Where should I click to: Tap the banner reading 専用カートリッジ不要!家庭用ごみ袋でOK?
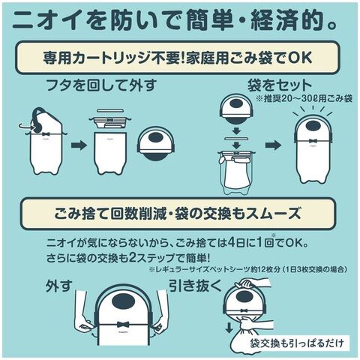click(x=178, y=58)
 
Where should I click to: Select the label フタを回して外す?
click(x=101, y=85)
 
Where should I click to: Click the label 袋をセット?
click(x=280, y=85)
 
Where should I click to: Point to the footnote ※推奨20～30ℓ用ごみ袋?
click(x=304, y=98)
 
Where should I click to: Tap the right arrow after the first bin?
click(x=79, y=145)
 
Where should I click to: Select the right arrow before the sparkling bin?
click(x=273, y=145)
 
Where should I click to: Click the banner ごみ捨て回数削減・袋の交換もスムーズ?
click(x=178, y=214)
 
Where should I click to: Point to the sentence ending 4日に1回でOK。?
click(x=178, y=242)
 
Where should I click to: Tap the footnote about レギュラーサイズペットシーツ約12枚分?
click(x=248, y=270)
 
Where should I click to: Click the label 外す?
click(x=59, y=286)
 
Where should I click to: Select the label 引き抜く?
click(x=196, y=286)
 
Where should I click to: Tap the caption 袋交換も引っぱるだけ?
click(x=297, y=343)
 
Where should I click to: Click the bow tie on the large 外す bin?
click(x=123, y=325)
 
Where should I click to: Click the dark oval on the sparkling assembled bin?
click(x=313, y=125)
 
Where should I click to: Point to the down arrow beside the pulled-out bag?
click(x=229, y=328)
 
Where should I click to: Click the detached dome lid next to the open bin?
click(x=155, y=143)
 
